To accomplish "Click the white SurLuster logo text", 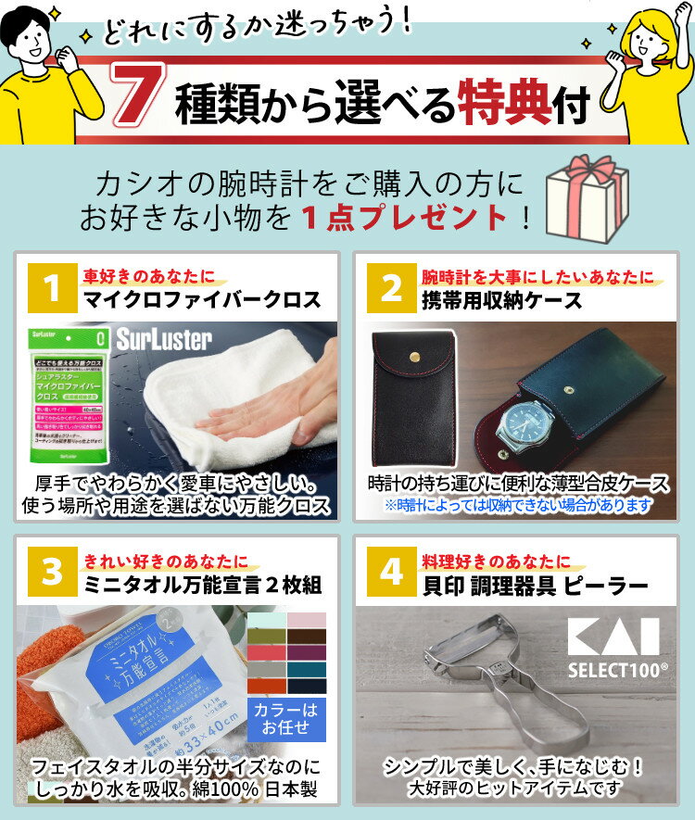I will (164, 340).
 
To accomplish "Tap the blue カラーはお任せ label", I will (285, 718).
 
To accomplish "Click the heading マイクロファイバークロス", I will (202, 300).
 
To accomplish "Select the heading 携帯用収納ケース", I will (502, 300).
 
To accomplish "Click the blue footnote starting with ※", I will (518, 506).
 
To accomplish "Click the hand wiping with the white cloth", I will (259, 417).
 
